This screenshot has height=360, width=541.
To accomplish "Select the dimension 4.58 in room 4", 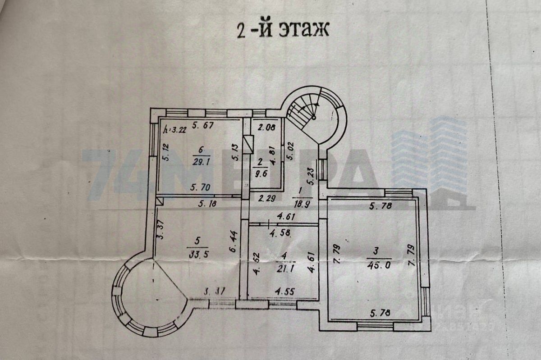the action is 281,233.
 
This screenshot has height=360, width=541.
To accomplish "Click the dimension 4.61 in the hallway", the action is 287,217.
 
